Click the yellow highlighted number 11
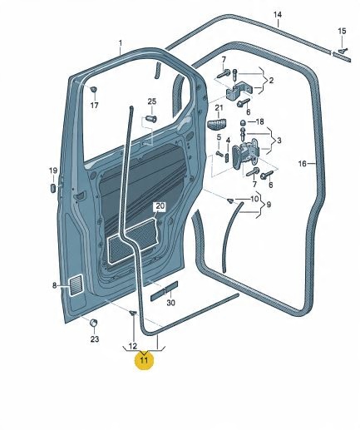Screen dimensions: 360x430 [144, 360]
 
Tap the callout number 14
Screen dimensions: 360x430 [278, 14]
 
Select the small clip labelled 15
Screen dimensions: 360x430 [343, 50]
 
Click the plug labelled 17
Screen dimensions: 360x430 [94, 89]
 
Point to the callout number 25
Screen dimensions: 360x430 [152, 101]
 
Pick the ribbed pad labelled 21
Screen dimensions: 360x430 [217, 124]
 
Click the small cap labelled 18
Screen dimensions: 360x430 [243, 122]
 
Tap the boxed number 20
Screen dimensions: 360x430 [160, 206]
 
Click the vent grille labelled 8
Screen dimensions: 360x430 [76, 285]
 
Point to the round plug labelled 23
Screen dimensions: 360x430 [94, 323]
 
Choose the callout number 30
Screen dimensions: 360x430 [170, 303]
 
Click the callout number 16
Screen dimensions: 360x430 [303, 164]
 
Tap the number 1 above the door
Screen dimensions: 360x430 [121, 43]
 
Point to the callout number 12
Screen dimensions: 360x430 [133, 346]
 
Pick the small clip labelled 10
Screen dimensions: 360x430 [230, 200]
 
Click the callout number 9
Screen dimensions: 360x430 [269, 205]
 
